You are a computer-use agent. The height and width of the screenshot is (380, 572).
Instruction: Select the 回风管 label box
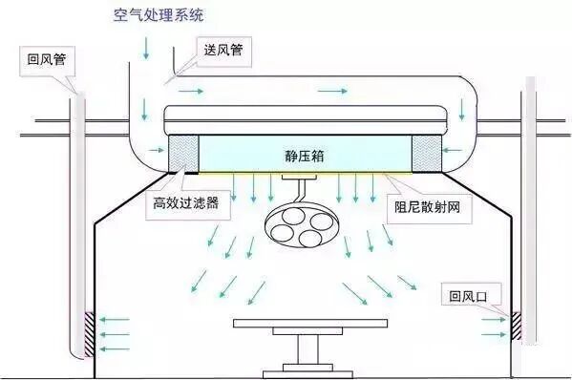click(x=48, y=60)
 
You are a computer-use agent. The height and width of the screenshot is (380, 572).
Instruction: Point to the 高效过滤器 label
click(x=186, y=203)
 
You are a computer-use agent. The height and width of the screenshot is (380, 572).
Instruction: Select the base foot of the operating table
click(x=303, y=369)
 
